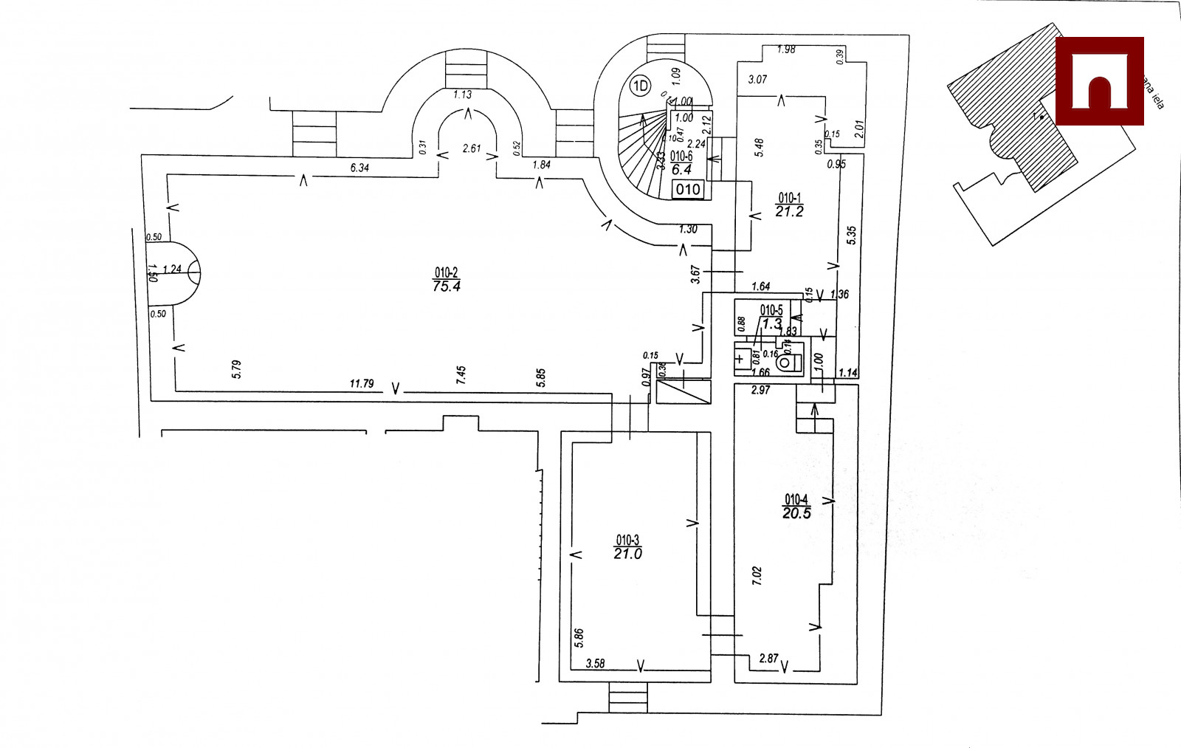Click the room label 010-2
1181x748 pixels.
(x=446, y=272)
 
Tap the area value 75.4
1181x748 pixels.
(x=447, y=286)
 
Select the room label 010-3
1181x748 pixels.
(x=627, y=540)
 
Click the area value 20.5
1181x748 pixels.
(x=796, y=513)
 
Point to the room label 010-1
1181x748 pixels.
(x=789, y=198)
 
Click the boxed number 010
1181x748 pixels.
(x=688, y=190)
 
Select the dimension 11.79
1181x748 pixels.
(x=361, y=384)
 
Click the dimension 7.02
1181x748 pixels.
(x=756, y=576)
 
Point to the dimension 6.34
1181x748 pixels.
(x=359, y=168)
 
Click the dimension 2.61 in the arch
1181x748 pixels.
(x=471, y=148)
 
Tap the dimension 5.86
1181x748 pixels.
(x=578, y=638)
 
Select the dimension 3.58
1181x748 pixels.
(x=595, y=664)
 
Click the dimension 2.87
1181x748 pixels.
(x=768, y=658)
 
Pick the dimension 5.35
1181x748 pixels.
(x=852, y=236)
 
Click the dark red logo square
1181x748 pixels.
(x=1099, y=80)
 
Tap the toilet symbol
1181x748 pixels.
(x=791, y=363)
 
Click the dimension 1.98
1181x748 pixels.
(x=786, y=49)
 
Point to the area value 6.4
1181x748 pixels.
(x=681, y=169)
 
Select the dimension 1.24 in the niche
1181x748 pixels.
(x=172, y=269)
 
